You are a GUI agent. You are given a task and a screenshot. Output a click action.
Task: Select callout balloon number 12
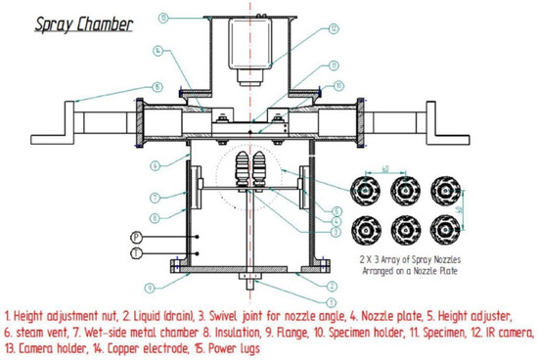(x=334, y=28)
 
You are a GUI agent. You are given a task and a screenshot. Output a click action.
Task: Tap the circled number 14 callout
(x=157, y=50)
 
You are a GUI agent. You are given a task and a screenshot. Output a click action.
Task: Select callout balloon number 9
(x=149, y=287)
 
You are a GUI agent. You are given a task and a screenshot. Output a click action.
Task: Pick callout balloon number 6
(x=153, y=165)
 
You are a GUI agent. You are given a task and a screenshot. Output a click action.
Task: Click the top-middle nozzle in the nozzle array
(x=402, y=188)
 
